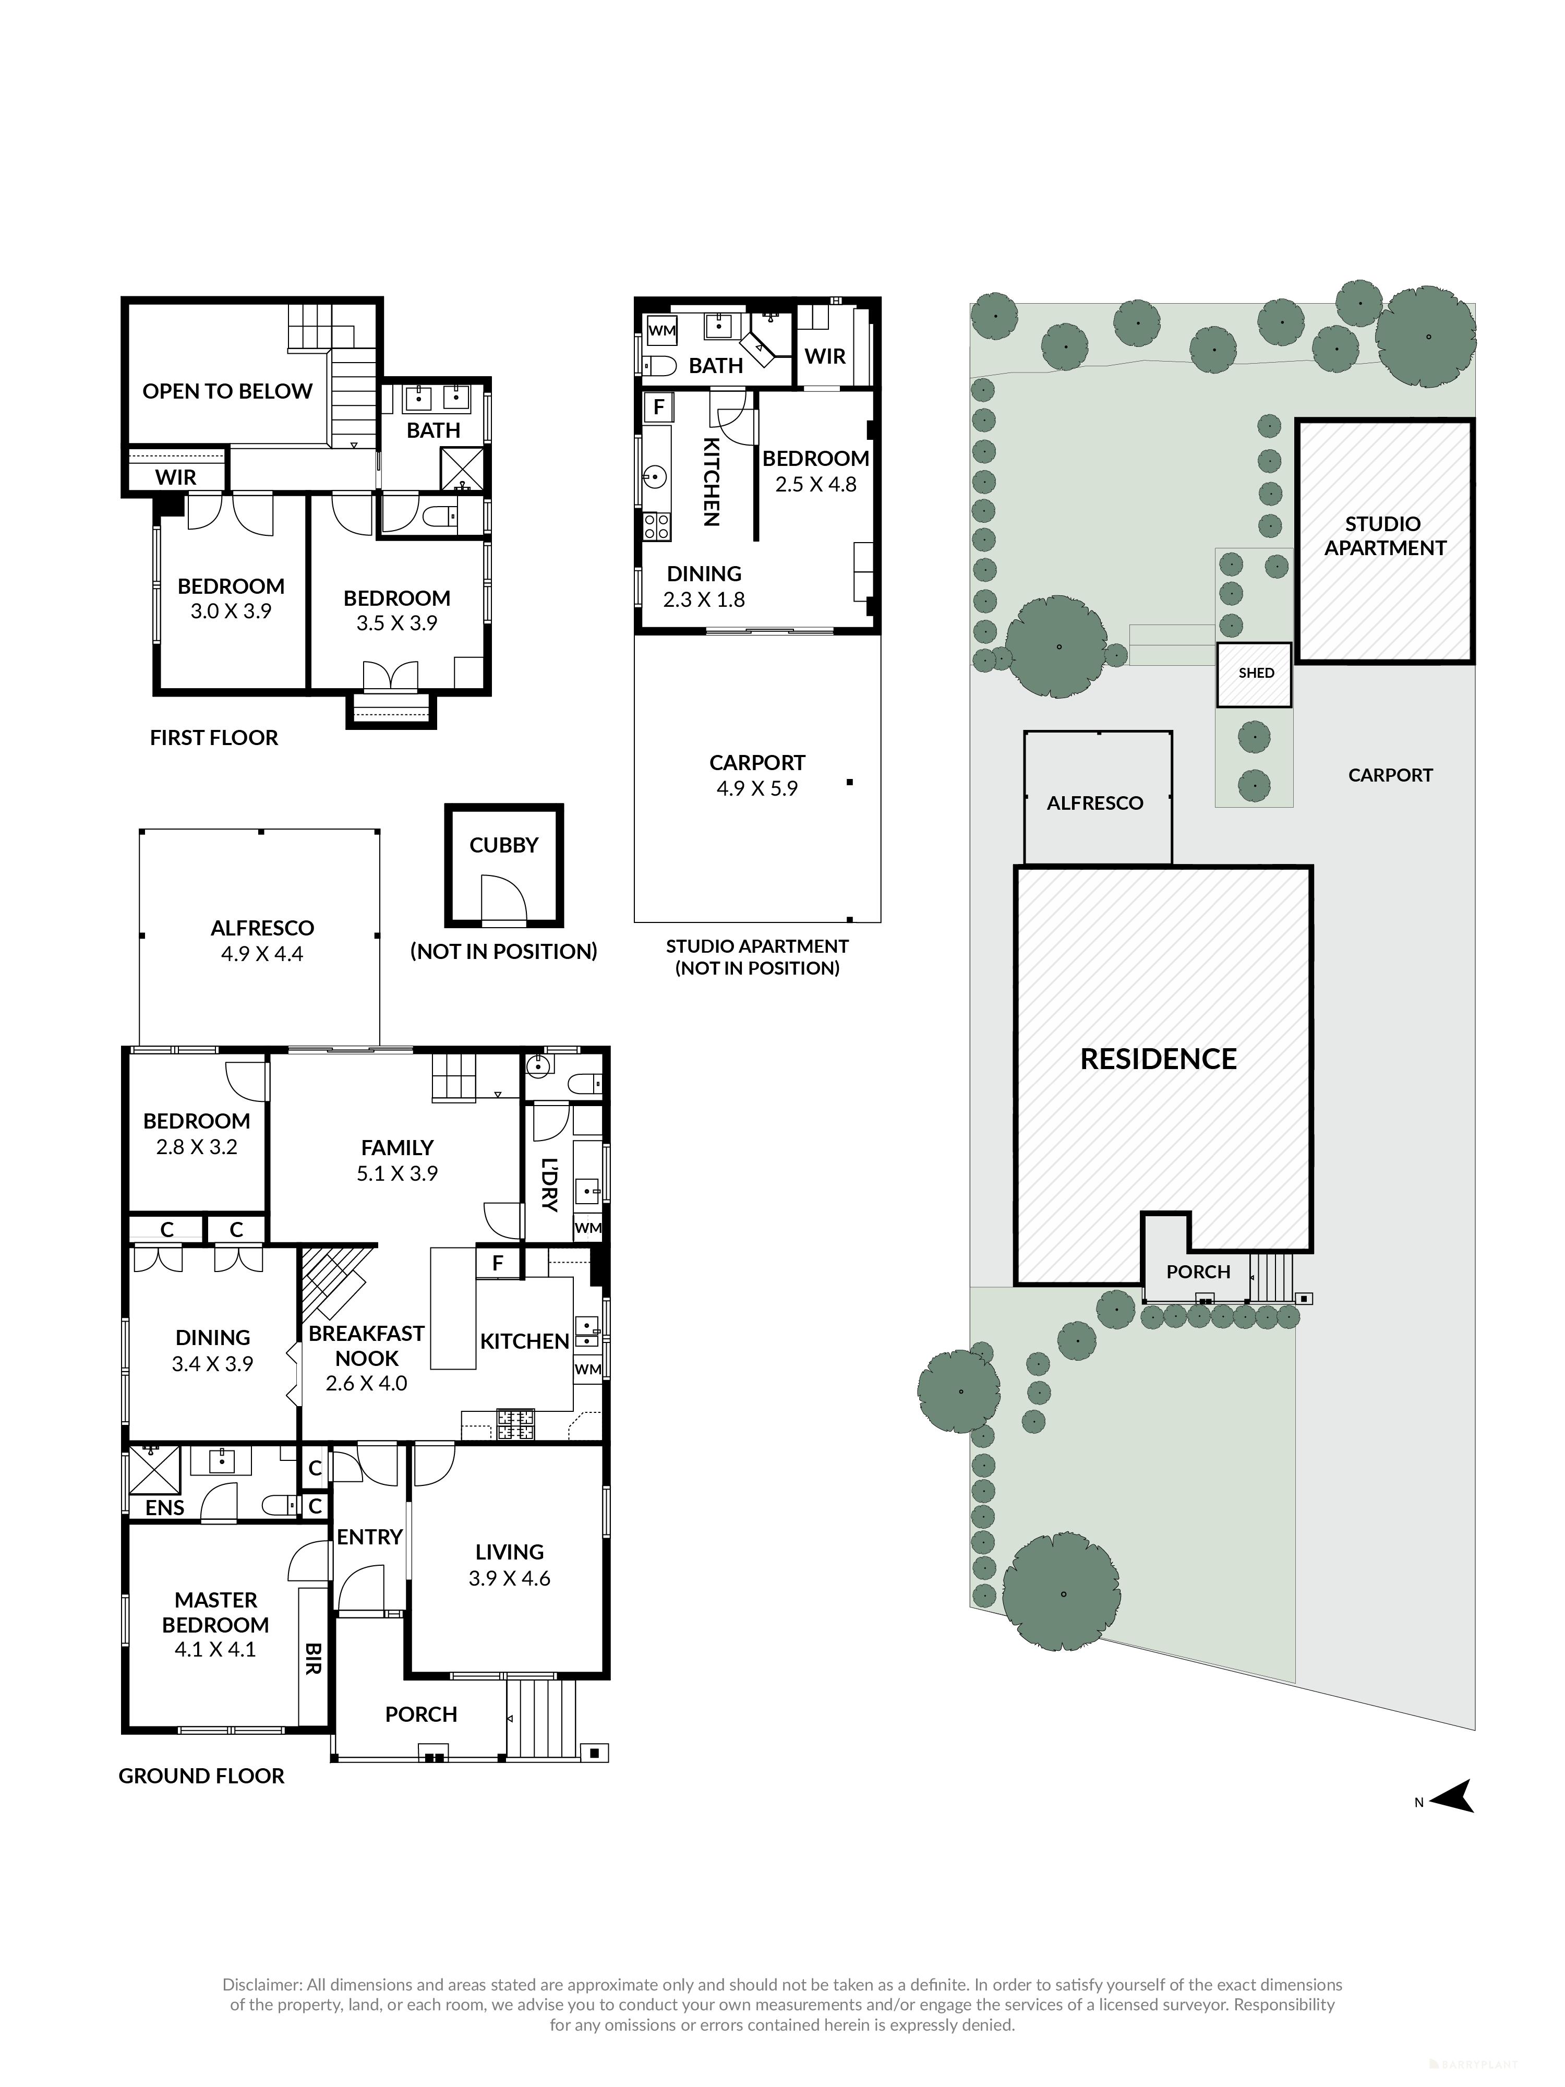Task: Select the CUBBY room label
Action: tap(504, 845)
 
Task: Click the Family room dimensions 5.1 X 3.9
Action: tap(397, 1174)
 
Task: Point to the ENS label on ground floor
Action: tap(164, 1508)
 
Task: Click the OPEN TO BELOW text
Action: tap(227, 391)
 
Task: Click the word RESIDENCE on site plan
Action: tap(1158, 1060)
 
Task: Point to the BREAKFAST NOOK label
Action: tap(367, 1346)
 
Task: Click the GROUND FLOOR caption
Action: tap(201, 1776)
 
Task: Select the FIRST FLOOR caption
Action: tap(214, 738)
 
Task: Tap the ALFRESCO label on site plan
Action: tap(1094, 803)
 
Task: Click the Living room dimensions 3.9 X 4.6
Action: tap(509, 1578)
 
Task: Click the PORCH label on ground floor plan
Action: tap(421, 1714)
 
